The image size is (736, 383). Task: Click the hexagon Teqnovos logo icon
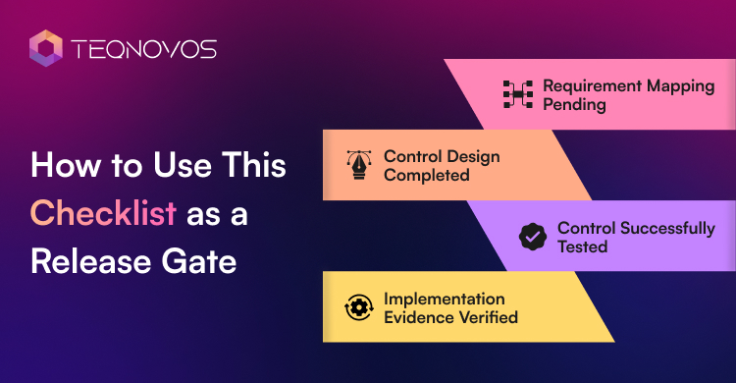click(x=45, y=48)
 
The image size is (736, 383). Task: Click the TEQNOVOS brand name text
click(x=143, y=49)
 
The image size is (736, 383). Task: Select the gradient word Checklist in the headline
click(x=103, y=213)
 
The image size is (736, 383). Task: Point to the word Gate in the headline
click(x=199, y=261)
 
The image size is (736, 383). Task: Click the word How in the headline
click(x=66, y=165)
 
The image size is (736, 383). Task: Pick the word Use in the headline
click(x=183, y=165)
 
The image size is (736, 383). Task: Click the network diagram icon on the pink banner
click(x=518, y=94)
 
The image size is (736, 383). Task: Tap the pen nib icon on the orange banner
click(x=359, y=165)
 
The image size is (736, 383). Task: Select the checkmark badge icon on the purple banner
click(x=533, y=237)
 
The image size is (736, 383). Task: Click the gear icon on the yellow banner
click(x=359, y=307)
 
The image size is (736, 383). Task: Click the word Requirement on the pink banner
click(x=593, y=86)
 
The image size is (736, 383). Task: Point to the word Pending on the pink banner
click(x=574, y=104)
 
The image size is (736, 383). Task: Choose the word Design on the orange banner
click(x=471, y=157)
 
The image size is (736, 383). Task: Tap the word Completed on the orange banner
click(x=427, y=175)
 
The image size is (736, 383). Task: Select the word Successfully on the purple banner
click(x=667, y=229)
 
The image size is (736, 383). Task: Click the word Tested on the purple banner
click(x=583, y=246)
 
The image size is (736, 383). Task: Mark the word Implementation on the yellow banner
click(x=445, y=299)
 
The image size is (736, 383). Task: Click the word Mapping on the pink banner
click(x=681, y=86)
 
